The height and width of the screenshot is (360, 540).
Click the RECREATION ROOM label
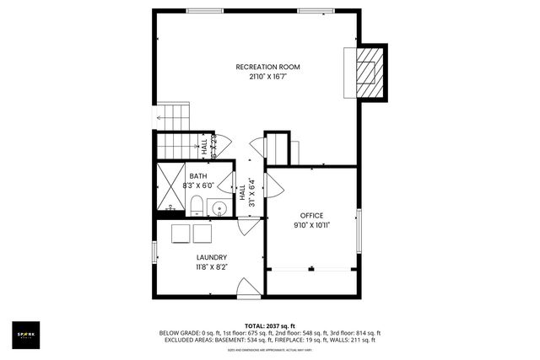[267, 67]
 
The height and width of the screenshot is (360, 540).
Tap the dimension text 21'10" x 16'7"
[267, 77]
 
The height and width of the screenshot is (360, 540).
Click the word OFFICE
[311, 216]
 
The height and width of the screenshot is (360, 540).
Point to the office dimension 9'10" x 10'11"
[311, 226]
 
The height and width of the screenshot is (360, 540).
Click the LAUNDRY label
[211, 257]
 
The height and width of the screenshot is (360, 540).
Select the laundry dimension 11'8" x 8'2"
[211, 267]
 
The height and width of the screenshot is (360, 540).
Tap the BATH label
[197, 175]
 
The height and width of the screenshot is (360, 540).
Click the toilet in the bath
[195, 206]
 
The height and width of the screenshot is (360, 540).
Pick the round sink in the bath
[219, 207]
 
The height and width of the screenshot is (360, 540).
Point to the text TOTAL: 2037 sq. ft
[269, 325]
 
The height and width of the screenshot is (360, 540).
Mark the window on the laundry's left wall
[154, 251]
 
